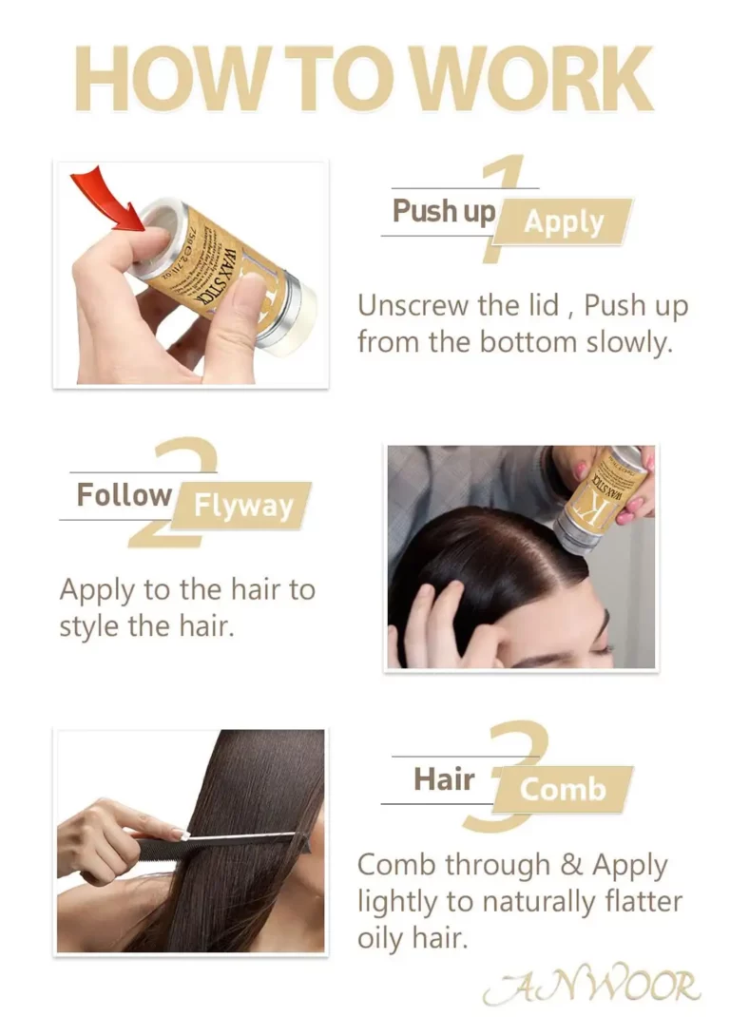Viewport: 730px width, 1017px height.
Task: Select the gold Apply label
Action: click(564, 222)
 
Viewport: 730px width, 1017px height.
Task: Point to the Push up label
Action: click(444, 210)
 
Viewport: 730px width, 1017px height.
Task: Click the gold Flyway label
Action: click(243, 505)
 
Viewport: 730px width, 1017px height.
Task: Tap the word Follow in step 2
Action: click(124, 494)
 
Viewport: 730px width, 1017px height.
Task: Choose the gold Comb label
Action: click(563, 789)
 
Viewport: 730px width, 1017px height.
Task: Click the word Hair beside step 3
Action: click(443, 779)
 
